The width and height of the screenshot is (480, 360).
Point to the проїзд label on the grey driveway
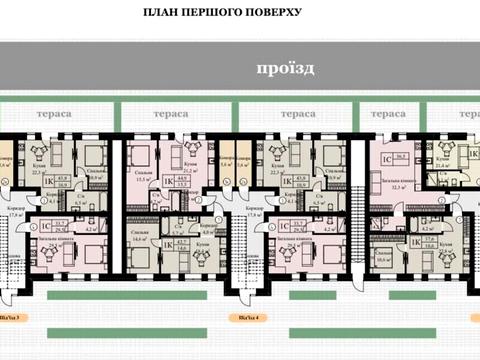(x=284, y=68)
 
